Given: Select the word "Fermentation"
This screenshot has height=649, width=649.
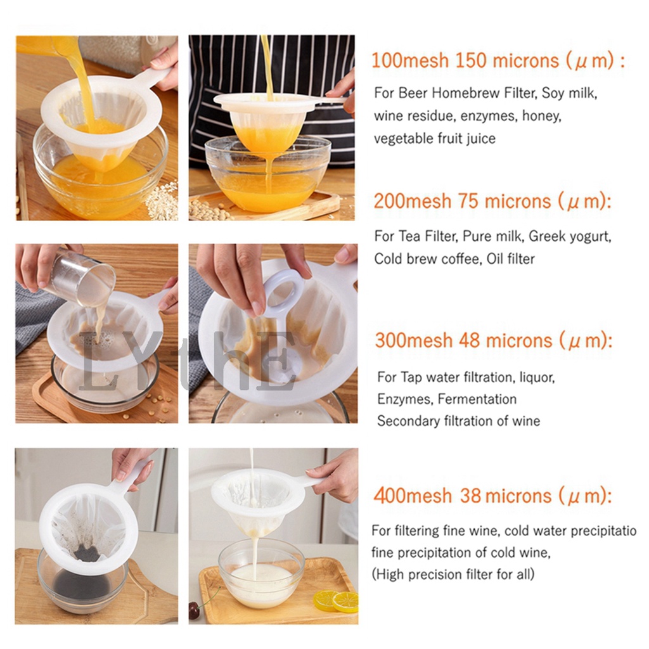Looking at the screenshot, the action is (477, 399).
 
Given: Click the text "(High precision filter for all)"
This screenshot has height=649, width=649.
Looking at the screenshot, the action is (453, 574).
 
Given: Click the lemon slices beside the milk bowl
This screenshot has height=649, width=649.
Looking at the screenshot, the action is (336, 601).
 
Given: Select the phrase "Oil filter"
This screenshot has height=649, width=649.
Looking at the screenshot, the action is (511, 259).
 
